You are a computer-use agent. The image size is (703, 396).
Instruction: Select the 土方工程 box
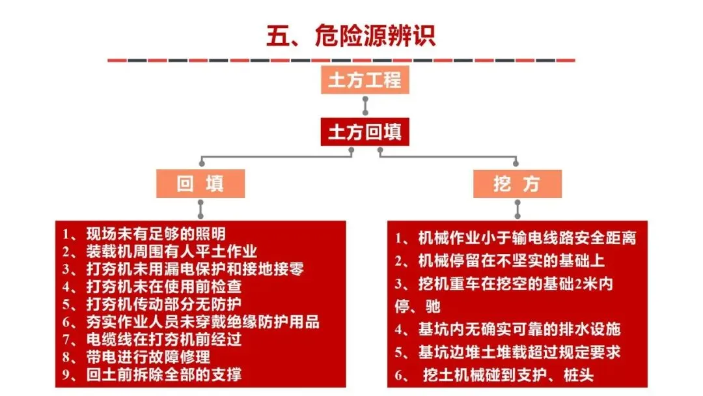pos(365,81)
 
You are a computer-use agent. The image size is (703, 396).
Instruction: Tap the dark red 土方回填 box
pos(365,132)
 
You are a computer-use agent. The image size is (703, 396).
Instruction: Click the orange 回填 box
pos(200,184)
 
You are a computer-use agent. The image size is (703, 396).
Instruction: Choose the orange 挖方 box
pos(517,184)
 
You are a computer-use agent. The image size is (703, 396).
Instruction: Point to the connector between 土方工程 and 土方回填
pos(365,106)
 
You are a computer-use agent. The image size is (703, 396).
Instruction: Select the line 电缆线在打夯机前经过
pos(160,339)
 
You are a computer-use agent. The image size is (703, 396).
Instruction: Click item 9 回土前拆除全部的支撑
pos(160,375)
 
